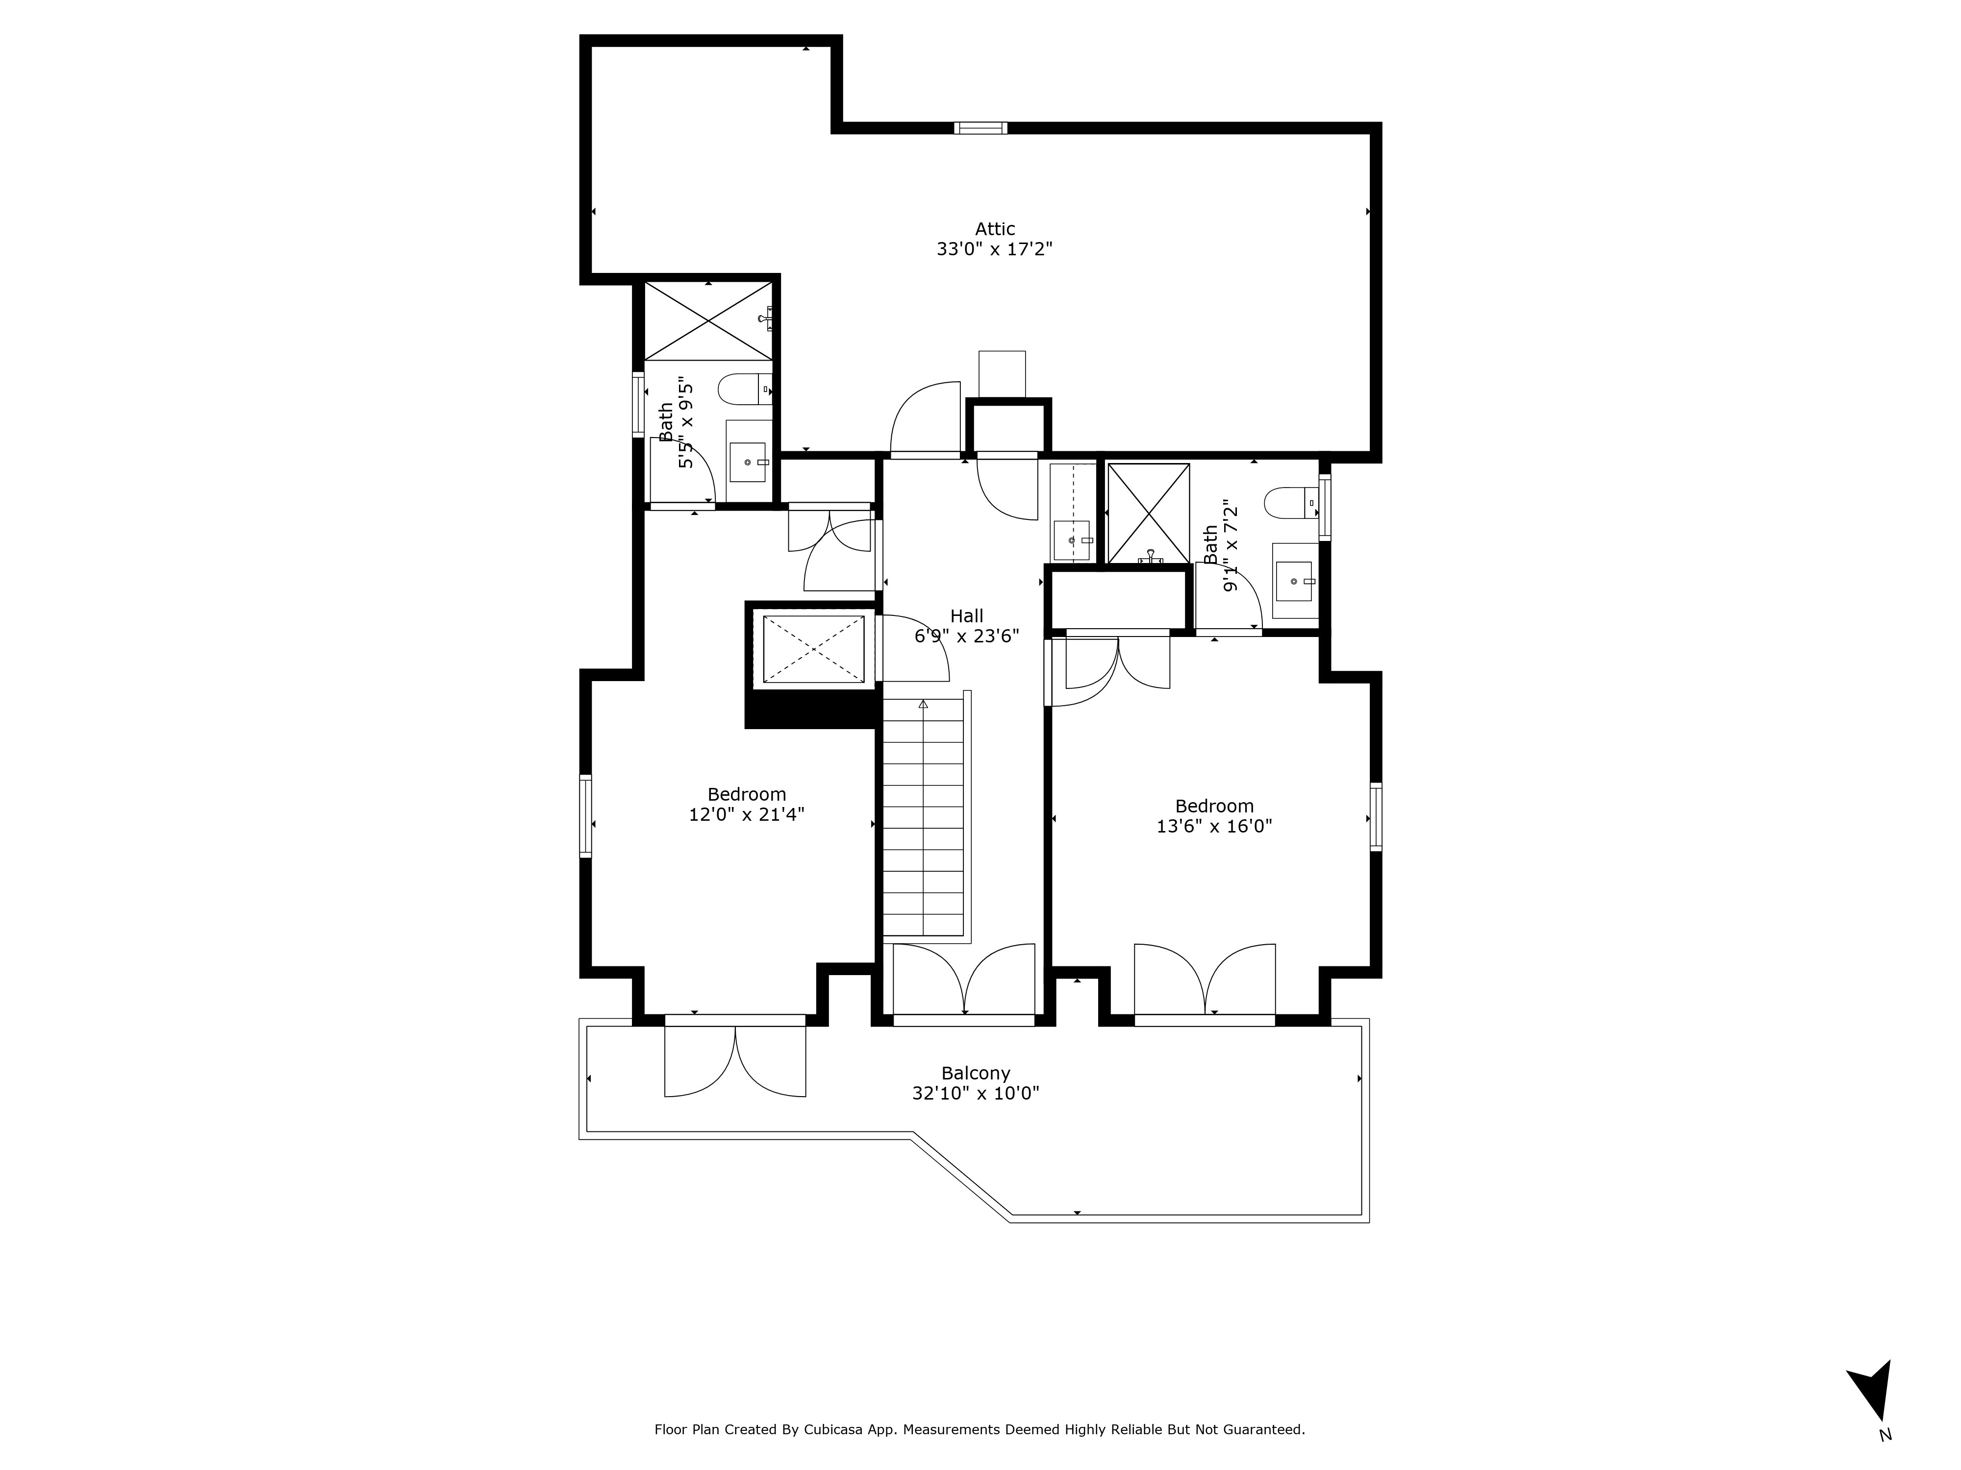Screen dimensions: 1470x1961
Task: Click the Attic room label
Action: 995,229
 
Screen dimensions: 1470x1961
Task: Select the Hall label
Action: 966,616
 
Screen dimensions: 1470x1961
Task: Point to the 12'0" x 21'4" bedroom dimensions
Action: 747,814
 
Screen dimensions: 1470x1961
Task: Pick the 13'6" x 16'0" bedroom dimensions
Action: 1214,827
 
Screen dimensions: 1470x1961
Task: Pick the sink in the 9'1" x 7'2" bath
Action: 1294,581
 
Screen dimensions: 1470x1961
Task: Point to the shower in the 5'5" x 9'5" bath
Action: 708,321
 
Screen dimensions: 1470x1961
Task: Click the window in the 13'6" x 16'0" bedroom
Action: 1375,816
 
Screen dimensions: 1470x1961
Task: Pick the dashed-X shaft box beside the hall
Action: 813,649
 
